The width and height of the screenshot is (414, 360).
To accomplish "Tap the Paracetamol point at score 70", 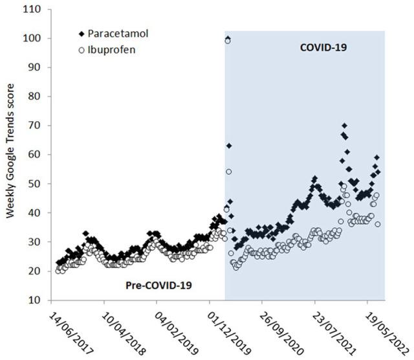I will tap(345, 126).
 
